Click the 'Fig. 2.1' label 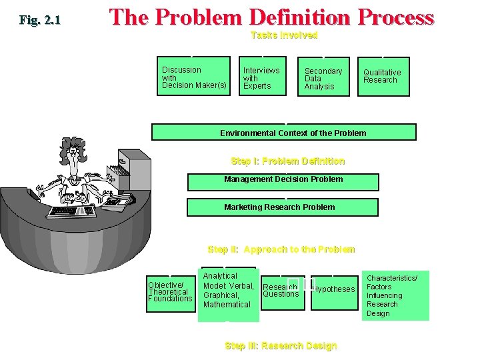point(40,20)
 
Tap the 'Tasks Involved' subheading point(284,35)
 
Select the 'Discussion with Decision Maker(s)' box point(194,77)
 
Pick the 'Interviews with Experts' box point(263,77)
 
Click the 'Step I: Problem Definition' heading point(287,161)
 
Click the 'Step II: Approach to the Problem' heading point(281,249)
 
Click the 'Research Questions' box point(283,291)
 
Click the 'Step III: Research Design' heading point(281,345)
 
